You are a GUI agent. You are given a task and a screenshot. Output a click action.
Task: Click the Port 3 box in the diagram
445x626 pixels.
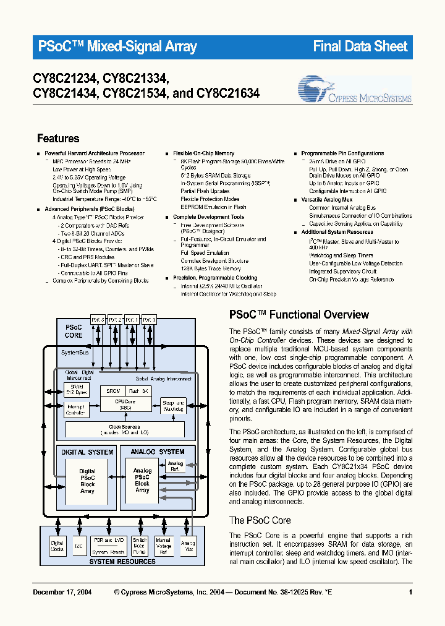point(98,319)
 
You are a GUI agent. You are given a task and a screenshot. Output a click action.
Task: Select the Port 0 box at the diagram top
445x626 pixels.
point(149,319)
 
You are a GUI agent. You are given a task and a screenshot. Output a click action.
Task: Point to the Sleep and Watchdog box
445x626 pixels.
point(174,405)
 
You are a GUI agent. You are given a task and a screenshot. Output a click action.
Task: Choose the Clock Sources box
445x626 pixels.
point(125,429)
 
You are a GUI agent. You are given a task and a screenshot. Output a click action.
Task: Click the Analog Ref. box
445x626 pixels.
point(176,466)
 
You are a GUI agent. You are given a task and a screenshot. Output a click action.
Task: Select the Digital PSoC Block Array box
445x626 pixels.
point(87,481)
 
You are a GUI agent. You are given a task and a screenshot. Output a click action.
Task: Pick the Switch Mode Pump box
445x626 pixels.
point(140,545)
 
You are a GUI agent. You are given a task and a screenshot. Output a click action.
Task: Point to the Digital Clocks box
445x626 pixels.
point(57,545)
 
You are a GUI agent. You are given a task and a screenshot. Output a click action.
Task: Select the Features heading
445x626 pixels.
point(58,139)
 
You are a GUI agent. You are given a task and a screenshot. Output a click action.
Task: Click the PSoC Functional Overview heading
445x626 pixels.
point(299,315)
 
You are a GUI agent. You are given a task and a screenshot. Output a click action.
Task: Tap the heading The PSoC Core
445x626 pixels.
point(260,520)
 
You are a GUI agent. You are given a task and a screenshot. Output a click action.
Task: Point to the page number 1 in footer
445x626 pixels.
point(410,593)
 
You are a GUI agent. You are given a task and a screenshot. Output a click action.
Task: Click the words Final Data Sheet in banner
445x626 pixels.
point(360,46)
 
